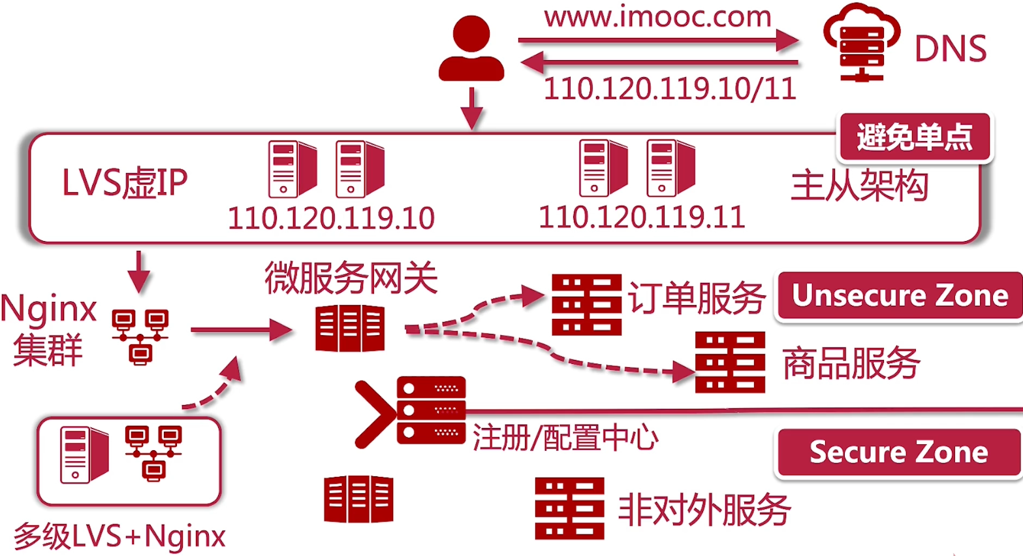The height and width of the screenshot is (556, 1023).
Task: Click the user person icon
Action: pyautogui.click(x=471, y=48)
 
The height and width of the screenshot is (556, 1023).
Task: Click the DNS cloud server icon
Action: pyautogui.click(x=860, y=43)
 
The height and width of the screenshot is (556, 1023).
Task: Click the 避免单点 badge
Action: pyautogui.click(x=914, y=137)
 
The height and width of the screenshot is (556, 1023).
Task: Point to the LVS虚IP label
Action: pyautogui.click(x=125, y=182)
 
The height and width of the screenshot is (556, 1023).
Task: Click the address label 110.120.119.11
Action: pyautogui.click(x=642, y=217)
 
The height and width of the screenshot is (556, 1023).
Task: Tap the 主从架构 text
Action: pyautogui.click(x=859, y=185)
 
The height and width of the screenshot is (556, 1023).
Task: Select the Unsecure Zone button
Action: pyautogui.click(x=900, y=295)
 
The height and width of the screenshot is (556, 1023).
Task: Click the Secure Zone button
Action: pyautogui.click(x=898, y=452)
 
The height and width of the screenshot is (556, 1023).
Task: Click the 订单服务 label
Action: pyautogui.click(x=696, y=299)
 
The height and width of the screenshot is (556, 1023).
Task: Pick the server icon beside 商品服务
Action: pyautogui.click(x=730, y=362)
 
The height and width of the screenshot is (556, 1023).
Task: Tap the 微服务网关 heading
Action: pyautogui.click(x=351, y=278)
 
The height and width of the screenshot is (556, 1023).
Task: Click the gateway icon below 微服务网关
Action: pyautogui.click(x=350, y=329)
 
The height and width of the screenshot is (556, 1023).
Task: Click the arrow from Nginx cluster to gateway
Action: pyautogui.click(x=240, y=330)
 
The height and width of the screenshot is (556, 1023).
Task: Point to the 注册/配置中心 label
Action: pyautogui.click(x=565, y=437)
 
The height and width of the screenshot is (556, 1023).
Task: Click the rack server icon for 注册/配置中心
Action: pyautogui.click(x=431, y=410)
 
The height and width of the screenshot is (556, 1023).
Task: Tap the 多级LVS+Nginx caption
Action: pyautogui.click(x=119, y=536)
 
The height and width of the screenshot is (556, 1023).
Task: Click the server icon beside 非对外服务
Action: pyautogui.click(x=569, y=508)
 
